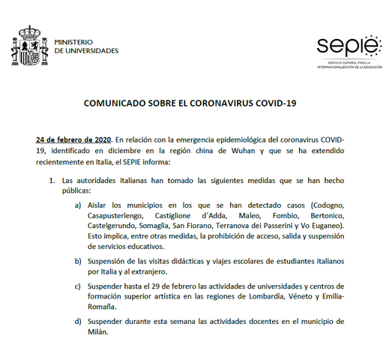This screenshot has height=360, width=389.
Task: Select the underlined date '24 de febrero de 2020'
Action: pyautogui.click(x=73, y=139)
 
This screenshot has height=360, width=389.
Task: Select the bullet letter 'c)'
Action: pyautogui.click(x=78, y=288)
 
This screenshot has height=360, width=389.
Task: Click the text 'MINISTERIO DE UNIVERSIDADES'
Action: pyautogui.click(x=86, y=46)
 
